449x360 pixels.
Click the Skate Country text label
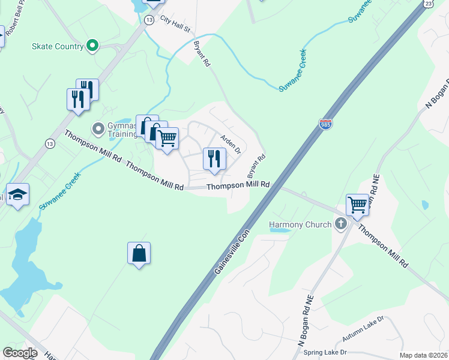(x=59, y=46)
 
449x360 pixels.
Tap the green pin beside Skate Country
(x=92, y=46)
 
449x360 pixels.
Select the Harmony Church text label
(x=300, y=225)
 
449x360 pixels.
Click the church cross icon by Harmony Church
(x=341, y=225)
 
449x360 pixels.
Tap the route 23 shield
(x=427, y=4)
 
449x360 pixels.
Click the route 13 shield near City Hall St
(x=148, y=20)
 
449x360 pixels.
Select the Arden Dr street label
(x=231, y=143)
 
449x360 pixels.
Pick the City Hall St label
(x=175, y=25)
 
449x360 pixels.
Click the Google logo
(x=20, y=353)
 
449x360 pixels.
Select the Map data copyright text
(x=423, y=355)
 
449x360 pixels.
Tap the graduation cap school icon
(x=18, y=194)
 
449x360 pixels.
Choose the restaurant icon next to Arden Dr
(x=214, y=158)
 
